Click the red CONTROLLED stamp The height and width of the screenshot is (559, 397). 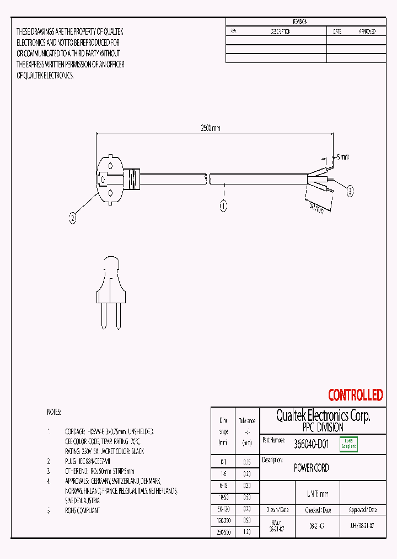click(x=355, y=395)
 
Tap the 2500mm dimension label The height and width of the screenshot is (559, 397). click(x=210, y=128)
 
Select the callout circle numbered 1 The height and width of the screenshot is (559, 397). click(x=223, y=207)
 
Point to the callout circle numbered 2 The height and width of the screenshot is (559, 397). click(x=73, y=218)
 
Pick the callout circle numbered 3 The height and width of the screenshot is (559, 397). click(x=350, y=192)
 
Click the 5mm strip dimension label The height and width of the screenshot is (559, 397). click(x=342, y=157)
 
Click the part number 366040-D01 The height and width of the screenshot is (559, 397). click(x=311, y=444)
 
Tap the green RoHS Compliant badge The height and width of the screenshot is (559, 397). click(x=348, y=444)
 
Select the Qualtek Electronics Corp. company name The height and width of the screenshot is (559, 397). click(x=323, y=415)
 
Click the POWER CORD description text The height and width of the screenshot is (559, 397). click(x=311, y=468)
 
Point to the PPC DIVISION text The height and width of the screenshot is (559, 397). click(x=323, y=428)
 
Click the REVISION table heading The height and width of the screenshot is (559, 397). click(x=300, y=22)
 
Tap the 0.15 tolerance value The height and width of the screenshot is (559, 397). click(x=246, y=461)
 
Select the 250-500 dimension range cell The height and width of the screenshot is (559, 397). click(x=223, y=532)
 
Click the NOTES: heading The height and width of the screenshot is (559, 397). click(x=54, y=412)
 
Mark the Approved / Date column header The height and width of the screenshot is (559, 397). click(x=363, y=510)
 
